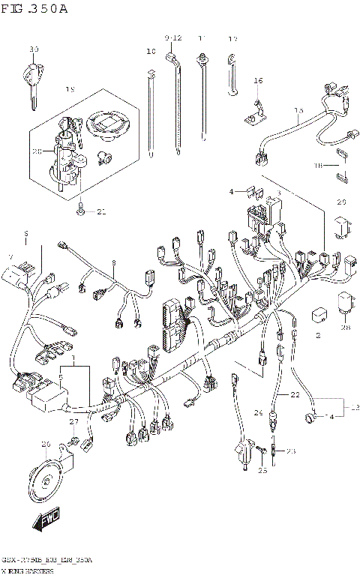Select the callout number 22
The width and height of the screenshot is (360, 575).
(x=295, y=395)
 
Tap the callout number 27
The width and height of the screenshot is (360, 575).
(x=73, y=423)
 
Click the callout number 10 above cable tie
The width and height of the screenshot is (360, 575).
(x=151, y=52)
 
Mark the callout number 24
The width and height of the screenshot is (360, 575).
(x=259, y=412)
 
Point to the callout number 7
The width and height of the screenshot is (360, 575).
(x=10, y=256)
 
